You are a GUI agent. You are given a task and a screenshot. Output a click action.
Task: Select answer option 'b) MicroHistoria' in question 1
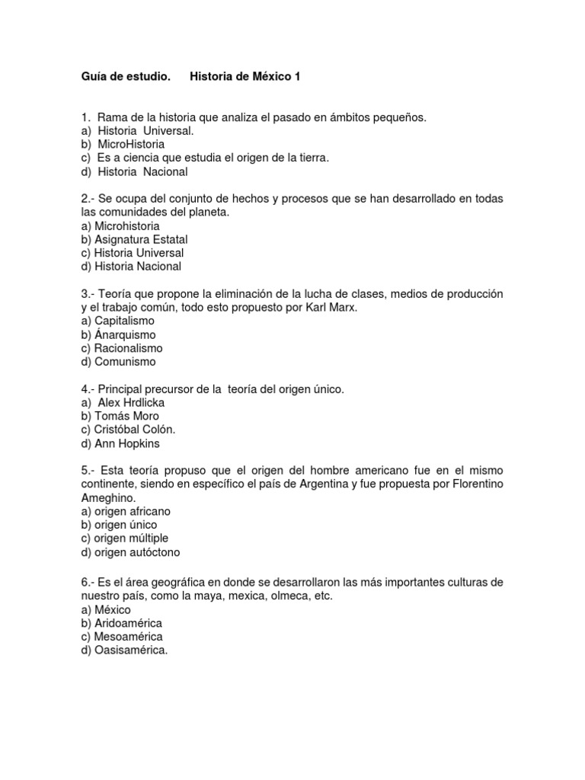123,144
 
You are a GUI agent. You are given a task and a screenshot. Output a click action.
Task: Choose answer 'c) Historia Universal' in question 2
133,253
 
